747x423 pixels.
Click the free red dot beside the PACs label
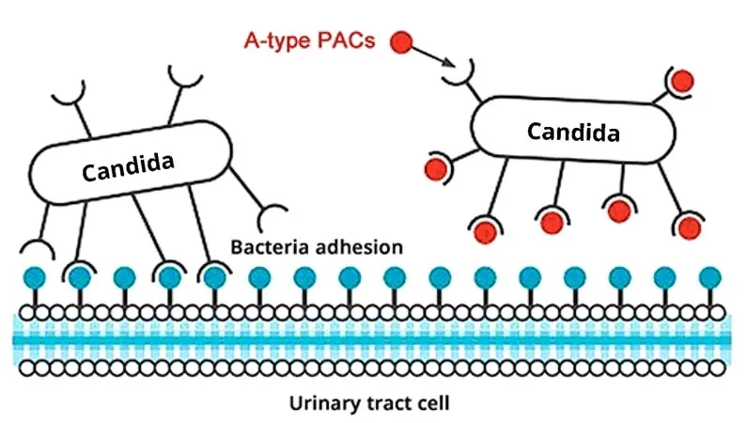[402, 41]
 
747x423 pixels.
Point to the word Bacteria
[271, 248]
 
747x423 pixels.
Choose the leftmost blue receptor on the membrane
[34, 278]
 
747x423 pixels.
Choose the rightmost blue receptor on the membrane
[710, 278]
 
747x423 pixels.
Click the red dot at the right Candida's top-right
[682, 81]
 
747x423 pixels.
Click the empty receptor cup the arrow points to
[462, 73]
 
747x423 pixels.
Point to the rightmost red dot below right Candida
[691, 227]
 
